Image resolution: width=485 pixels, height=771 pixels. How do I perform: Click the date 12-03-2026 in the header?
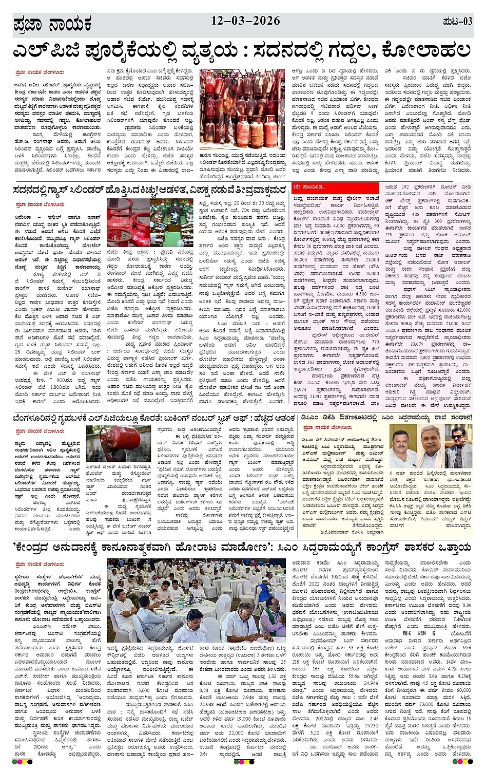[x=245, y=21]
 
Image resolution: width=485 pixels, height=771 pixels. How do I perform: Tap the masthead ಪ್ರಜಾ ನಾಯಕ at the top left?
[x=52, y=24]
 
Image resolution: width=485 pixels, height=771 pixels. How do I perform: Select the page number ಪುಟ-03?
[x=457, y=22]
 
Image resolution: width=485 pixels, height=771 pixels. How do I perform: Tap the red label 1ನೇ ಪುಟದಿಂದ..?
[x=310, y=187]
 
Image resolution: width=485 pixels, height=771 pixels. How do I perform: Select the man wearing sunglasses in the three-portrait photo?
[x=458, y=447]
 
